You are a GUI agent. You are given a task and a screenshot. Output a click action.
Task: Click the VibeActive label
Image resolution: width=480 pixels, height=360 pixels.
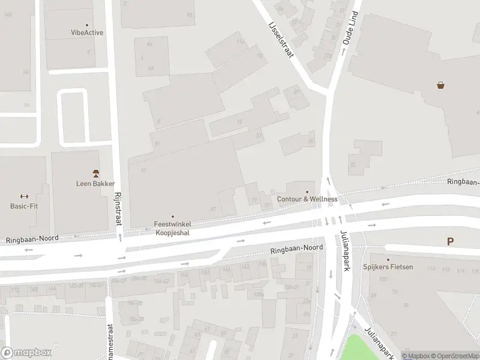(x=87, y=32)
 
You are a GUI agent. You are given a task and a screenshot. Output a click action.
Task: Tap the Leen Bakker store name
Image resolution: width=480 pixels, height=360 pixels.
(x=95, y=184)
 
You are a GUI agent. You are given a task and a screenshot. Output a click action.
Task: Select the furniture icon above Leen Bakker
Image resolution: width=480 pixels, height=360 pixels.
(x=95, y=173)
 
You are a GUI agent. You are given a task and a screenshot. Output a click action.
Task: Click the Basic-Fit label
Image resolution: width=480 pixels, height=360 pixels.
(x=24, y=206)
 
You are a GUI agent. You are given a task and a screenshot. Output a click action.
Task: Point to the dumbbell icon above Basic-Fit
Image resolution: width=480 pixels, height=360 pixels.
(x=24, y=196)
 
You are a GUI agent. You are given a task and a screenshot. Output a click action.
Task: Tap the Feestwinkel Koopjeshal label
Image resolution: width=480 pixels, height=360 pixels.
(x=173, y=228)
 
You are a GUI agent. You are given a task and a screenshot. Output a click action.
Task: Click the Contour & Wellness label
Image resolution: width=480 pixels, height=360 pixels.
(x=307, y=199)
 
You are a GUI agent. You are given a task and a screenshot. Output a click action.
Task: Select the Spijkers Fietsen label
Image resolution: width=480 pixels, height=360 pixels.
(x=388, y=266)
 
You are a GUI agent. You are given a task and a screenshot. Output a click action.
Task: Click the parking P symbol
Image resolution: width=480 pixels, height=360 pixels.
(x=450, y=242)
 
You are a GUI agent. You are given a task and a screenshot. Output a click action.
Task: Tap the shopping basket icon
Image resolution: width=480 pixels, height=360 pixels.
(x=441, y=85)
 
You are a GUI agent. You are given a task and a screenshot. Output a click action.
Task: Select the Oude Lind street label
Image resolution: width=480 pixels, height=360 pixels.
(x=350, y=29)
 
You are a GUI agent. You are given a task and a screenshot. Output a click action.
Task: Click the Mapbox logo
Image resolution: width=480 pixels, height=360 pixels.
(x=26, y=353)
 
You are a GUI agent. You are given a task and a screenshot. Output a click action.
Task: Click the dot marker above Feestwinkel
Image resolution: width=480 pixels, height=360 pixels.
(x=173, y=216)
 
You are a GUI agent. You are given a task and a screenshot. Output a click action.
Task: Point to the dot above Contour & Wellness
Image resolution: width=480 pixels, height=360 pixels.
(x=307, y=192)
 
